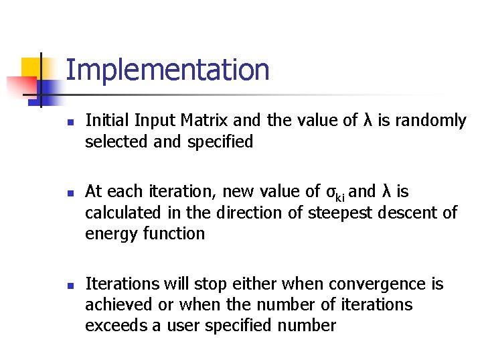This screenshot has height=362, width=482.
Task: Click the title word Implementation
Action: pyautogui.click(x=167, y=70)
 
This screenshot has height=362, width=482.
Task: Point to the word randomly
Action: pyautogui.click(x=430, y=121)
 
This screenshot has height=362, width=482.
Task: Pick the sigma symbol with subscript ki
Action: pyautogui.click(x=335, y=192)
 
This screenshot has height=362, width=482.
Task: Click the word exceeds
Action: pyautogui.click(x=112, y=326)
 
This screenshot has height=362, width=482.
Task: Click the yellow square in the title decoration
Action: pyautogui.click(x=31, y=68)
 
